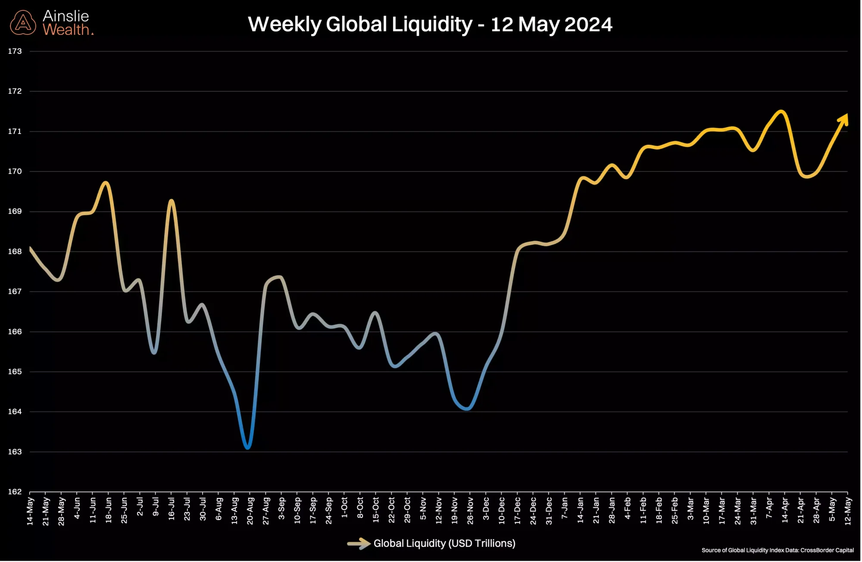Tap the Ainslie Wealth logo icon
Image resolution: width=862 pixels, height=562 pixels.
(23, 23)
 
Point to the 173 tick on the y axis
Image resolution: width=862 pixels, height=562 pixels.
(15, 51)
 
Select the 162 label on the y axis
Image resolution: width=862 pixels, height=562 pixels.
(15, 491)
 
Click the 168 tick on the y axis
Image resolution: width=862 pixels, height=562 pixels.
(15, 252)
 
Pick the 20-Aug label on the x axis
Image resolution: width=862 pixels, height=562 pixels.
(250, 511)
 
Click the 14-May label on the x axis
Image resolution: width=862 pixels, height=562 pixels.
(30, 511)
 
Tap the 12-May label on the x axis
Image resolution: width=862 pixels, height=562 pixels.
(848, 511)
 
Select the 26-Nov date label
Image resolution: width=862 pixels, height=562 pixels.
(470, 511)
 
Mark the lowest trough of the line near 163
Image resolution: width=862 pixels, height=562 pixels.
(248, 448)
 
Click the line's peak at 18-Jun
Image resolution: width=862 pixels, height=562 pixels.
(106, 183)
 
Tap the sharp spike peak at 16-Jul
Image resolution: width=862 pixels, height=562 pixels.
(172, 201)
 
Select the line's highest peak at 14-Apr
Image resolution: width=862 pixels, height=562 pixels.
(781, 112)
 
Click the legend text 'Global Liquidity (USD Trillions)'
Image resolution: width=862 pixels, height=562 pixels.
(444, 543)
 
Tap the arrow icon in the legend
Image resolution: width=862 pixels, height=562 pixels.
(359, 543)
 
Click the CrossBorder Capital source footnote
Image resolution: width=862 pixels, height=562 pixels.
(778, 550)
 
